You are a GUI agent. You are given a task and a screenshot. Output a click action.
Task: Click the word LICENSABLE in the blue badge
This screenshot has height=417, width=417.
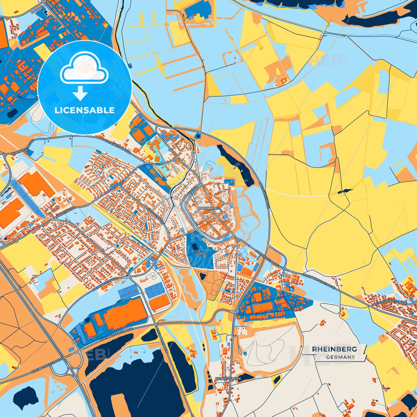tap(85, 110)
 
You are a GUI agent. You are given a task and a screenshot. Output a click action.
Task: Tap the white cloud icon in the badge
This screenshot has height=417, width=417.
tap(84, 68)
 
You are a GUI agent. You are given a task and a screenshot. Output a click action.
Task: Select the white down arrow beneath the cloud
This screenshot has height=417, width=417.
tap(80, 93)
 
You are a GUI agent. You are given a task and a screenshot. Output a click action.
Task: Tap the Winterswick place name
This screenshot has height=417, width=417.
tap(228, 379)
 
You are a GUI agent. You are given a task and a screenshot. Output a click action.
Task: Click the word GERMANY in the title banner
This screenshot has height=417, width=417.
tap(341, 357)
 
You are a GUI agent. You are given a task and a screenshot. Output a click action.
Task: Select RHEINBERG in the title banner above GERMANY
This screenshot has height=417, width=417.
tap(334, 349)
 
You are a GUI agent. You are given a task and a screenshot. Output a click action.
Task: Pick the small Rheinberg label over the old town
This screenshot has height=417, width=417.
tap(208, 208)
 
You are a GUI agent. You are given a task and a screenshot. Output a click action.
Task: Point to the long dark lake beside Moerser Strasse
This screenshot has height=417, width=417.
tap(235, 164)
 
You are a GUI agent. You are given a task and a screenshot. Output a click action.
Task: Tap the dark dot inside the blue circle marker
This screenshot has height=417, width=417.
tap(198, 136)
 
